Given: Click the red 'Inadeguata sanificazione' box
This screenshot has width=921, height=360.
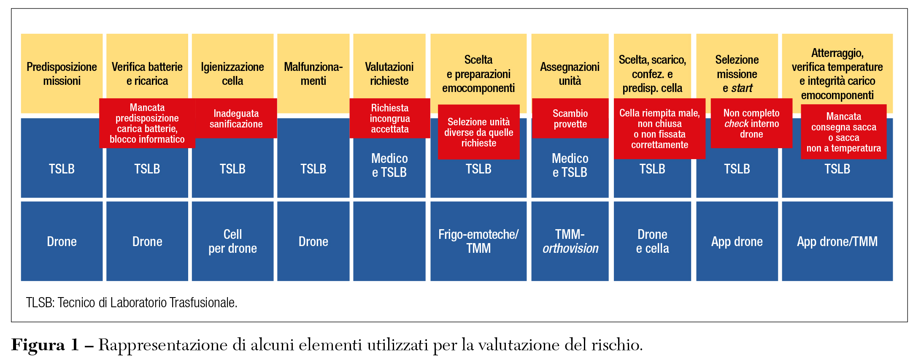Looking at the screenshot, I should point(236,119).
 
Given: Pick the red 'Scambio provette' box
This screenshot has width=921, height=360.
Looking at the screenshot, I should point(570,119).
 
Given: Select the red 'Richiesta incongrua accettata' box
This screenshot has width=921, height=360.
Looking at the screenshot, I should point(389,119).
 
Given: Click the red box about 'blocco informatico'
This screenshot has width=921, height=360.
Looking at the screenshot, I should point(147,123).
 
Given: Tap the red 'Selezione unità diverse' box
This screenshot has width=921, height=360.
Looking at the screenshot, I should point(478,132).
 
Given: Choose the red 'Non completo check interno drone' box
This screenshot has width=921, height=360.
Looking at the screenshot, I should point(751,123).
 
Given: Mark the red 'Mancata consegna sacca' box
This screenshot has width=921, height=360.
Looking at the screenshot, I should point(843,132).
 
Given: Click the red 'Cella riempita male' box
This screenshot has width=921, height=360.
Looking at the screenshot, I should point(659,129).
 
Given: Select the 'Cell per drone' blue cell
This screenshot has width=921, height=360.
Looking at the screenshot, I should point(232,241).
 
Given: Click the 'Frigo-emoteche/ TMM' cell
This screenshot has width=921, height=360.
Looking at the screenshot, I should point(478,241).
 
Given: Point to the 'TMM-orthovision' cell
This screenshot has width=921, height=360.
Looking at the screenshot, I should point(570,241).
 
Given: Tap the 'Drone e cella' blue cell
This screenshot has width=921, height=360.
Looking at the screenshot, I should point(652,241).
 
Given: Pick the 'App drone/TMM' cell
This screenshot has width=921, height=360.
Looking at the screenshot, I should point(837,241).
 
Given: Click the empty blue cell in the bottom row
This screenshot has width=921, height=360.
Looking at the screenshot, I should point(389,241).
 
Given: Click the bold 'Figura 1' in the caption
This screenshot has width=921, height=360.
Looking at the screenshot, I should point(45,345).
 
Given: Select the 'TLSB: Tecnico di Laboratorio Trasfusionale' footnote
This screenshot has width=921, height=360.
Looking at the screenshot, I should point(132,303).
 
